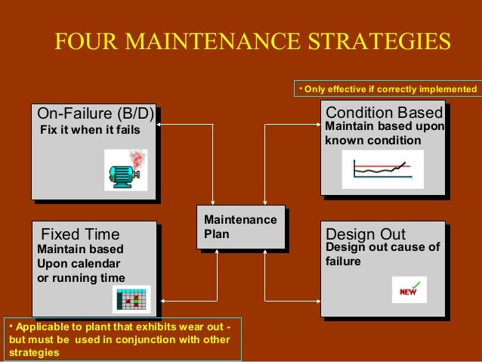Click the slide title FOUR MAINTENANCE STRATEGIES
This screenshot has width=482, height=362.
click(252, 42)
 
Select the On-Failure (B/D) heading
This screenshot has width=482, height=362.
click(96, 114)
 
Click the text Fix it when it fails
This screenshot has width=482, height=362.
click(89, 130)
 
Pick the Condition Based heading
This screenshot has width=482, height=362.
click(384, 113)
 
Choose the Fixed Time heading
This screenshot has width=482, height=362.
click(80, 233)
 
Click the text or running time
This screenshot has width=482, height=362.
click(81, 278)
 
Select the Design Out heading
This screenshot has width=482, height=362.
click(366, 234)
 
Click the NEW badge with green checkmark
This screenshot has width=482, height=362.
click(409, 289)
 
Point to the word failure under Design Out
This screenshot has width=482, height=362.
click(343, 261)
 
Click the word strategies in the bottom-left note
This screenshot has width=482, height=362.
click(33, 353)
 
